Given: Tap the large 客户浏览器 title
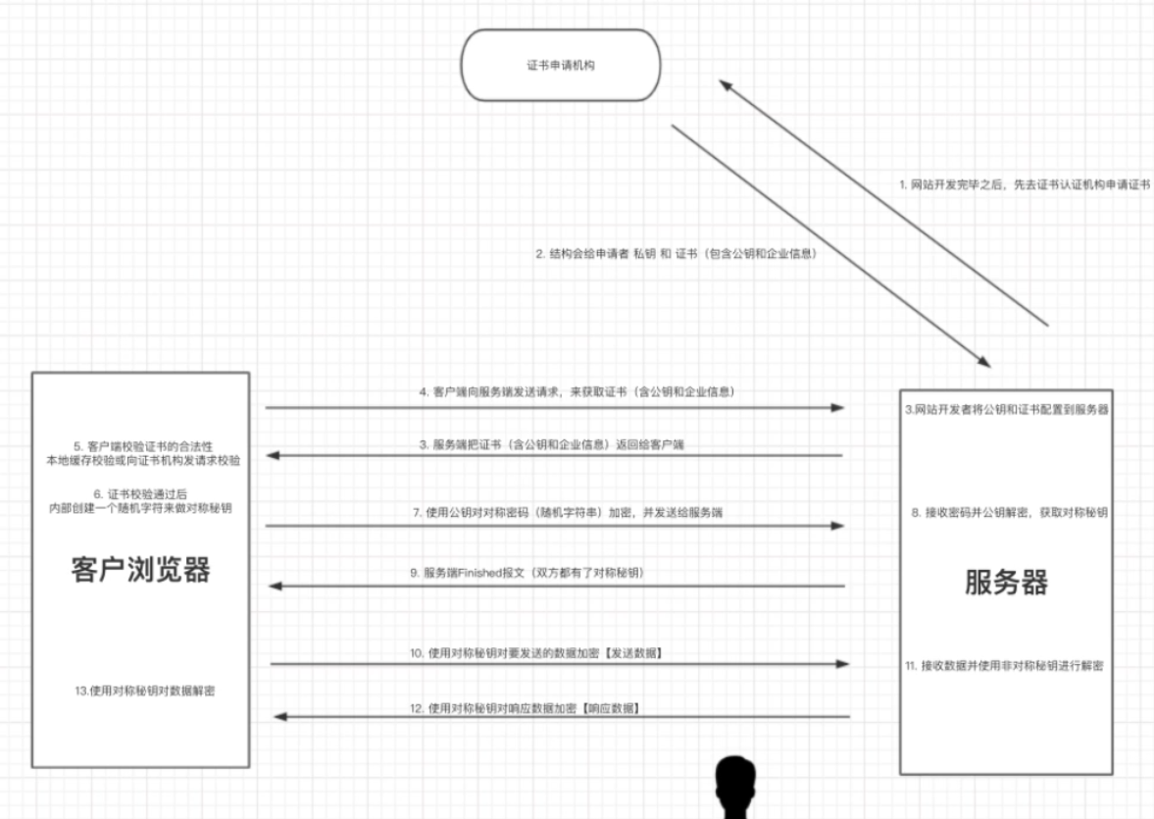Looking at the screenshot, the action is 140,569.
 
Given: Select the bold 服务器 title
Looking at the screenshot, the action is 1006,582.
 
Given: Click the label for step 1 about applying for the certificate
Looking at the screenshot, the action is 1024,184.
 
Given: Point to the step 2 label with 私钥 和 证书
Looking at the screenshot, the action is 677,254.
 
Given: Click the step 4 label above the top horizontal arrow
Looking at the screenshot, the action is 577,391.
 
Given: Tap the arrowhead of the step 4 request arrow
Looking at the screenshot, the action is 837,407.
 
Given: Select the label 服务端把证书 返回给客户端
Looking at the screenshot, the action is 551,445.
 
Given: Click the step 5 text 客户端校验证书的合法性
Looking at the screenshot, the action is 143,446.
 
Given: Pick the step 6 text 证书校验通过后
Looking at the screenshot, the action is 140,494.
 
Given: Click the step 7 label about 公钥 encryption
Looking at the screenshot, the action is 568,513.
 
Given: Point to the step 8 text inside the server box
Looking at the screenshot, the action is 1009,513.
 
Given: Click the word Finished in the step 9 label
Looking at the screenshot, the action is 479,573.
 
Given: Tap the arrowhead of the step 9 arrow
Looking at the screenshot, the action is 276,587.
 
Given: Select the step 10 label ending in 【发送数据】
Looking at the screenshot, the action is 536,653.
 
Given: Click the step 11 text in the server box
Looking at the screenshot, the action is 1004,666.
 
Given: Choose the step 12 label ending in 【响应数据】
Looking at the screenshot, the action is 525,708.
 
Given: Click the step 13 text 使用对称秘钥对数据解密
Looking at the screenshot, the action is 145,691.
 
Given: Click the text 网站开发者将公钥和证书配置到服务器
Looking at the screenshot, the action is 1007,410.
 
